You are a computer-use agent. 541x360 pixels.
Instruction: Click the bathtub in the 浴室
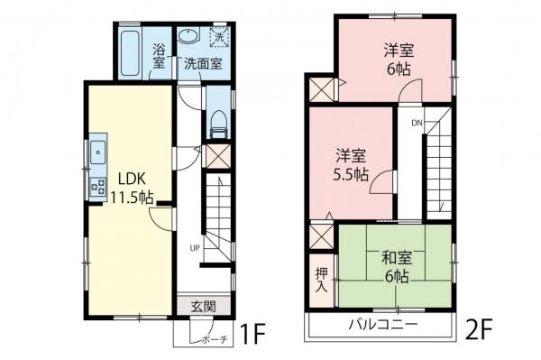131,52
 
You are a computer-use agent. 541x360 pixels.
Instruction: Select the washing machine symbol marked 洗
218,38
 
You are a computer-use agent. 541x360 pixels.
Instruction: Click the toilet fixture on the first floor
216,123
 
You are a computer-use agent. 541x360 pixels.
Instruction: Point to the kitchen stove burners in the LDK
97,187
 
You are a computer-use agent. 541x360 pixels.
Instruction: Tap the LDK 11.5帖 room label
129,186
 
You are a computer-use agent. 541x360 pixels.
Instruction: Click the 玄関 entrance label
203,306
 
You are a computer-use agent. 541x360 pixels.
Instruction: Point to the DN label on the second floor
417,122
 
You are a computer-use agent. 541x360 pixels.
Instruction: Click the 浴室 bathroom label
160,56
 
